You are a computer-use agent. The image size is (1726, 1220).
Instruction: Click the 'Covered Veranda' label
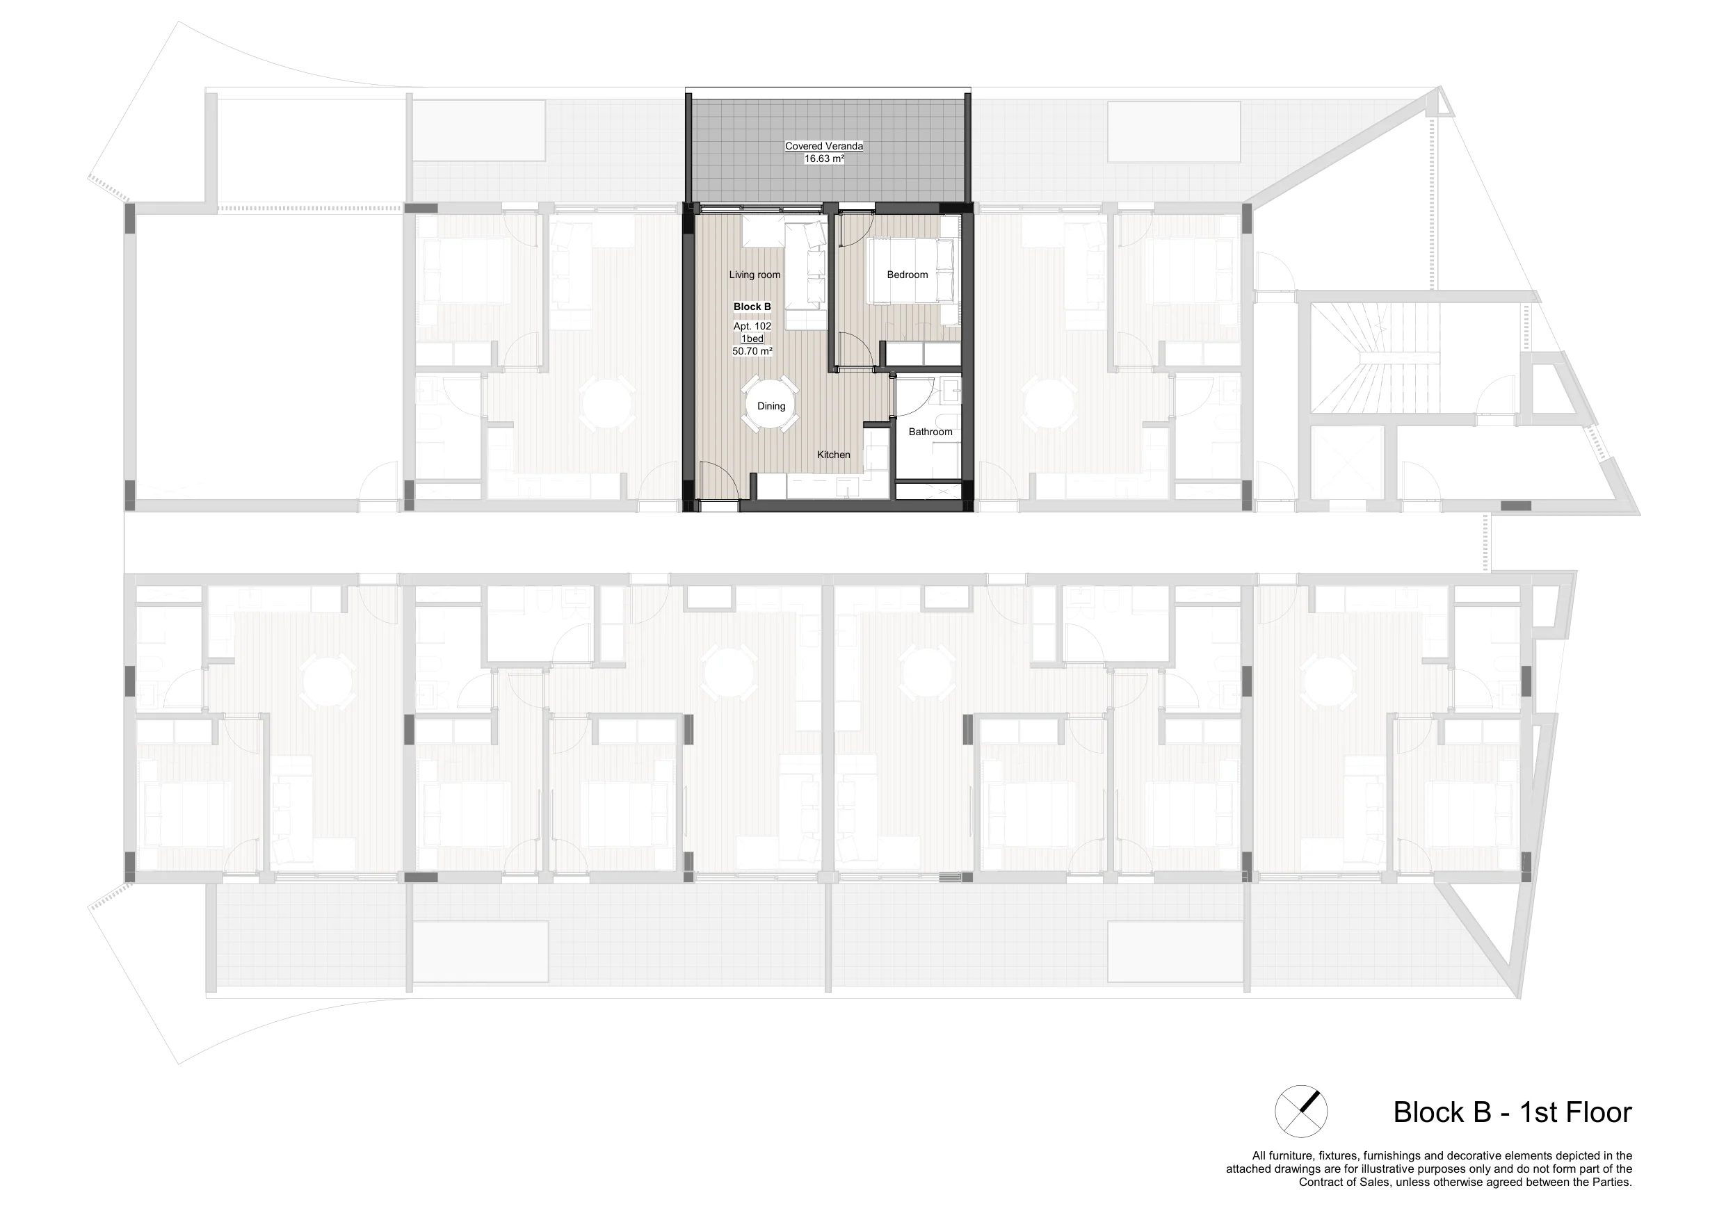pyautogui.click(x=824, y=146)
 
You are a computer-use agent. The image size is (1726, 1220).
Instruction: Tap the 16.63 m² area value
pyautogui.click(x=824, y=158)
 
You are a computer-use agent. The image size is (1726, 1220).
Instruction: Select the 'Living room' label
pyautogui.click(x=755, y=275)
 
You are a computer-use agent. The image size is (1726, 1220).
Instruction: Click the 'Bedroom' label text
pyautogui.click(x=908, y=275)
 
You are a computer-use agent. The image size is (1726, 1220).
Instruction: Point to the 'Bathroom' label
pyautogui.click(x=930, y=432)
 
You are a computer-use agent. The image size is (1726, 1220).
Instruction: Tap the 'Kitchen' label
pyautogui.click(x=834, y=455)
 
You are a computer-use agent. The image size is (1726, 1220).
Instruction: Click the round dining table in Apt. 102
pyautogui.click(x=771, y=405)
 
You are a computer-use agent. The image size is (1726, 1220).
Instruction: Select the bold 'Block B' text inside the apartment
pyautogui.click(x=752, y=307)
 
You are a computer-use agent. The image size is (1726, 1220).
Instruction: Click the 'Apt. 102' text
pyautogui.click(x=752, y=326)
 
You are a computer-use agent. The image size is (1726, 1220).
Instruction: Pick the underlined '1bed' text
pyautogui.click(x=752, y=339)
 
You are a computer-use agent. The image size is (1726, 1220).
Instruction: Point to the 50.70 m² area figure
pyautogui.click(x=752, y=351)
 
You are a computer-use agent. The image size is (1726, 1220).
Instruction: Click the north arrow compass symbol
pyautogui.click(x=1300, y=1111)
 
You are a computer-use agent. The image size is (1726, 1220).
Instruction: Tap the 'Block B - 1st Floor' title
pyautogui.click(x=1513, y=1112)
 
